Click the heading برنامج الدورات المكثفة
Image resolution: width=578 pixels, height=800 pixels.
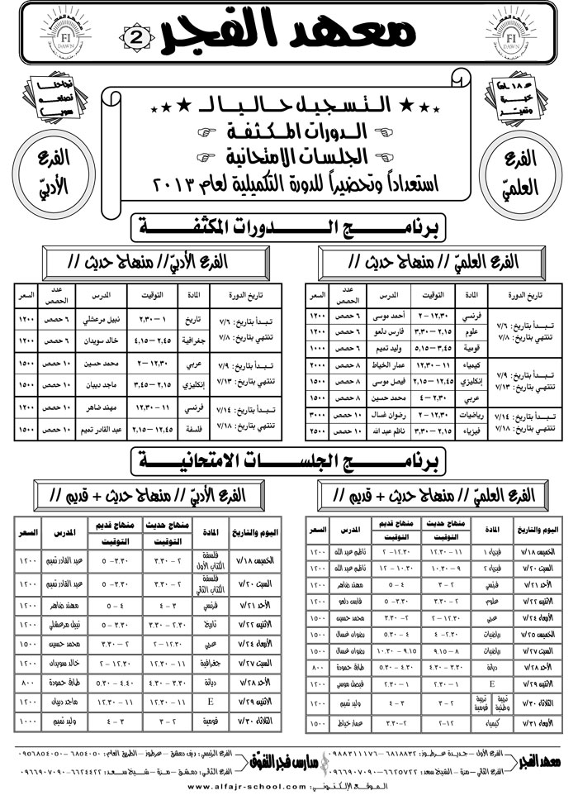288,226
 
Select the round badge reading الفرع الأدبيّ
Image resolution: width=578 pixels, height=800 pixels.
58,166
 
